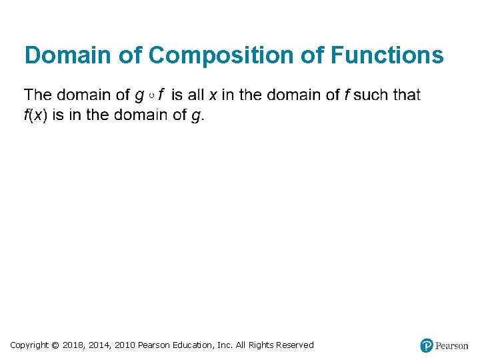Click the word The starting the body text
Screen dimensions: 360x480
(39, 95)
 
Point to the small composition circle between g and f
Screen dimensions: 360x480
(152, 96)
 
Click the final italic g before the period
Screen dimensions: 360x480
(195, 116)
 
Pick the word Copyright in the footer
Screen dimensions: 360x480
(29, 345)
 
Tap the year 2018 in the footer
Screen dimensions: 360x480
(75, 345)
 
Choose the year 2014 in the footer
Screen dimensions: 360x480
(100, 345)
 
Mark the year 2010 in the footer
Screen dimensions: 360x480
(125, 345)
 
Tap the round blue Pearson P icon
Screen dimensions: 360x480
(427, 345)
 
